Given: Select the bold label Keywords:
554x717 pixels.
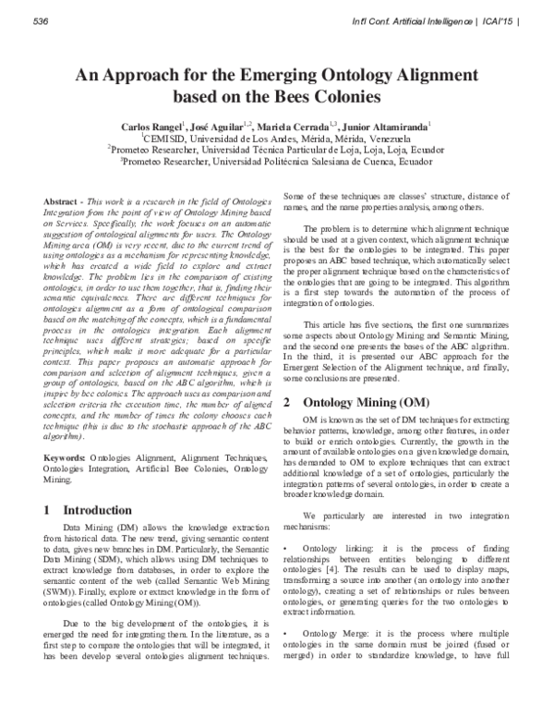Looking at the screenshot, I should point(70,457).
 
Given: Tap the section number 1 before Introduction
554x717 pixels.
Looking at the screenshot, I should point(49,509).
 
